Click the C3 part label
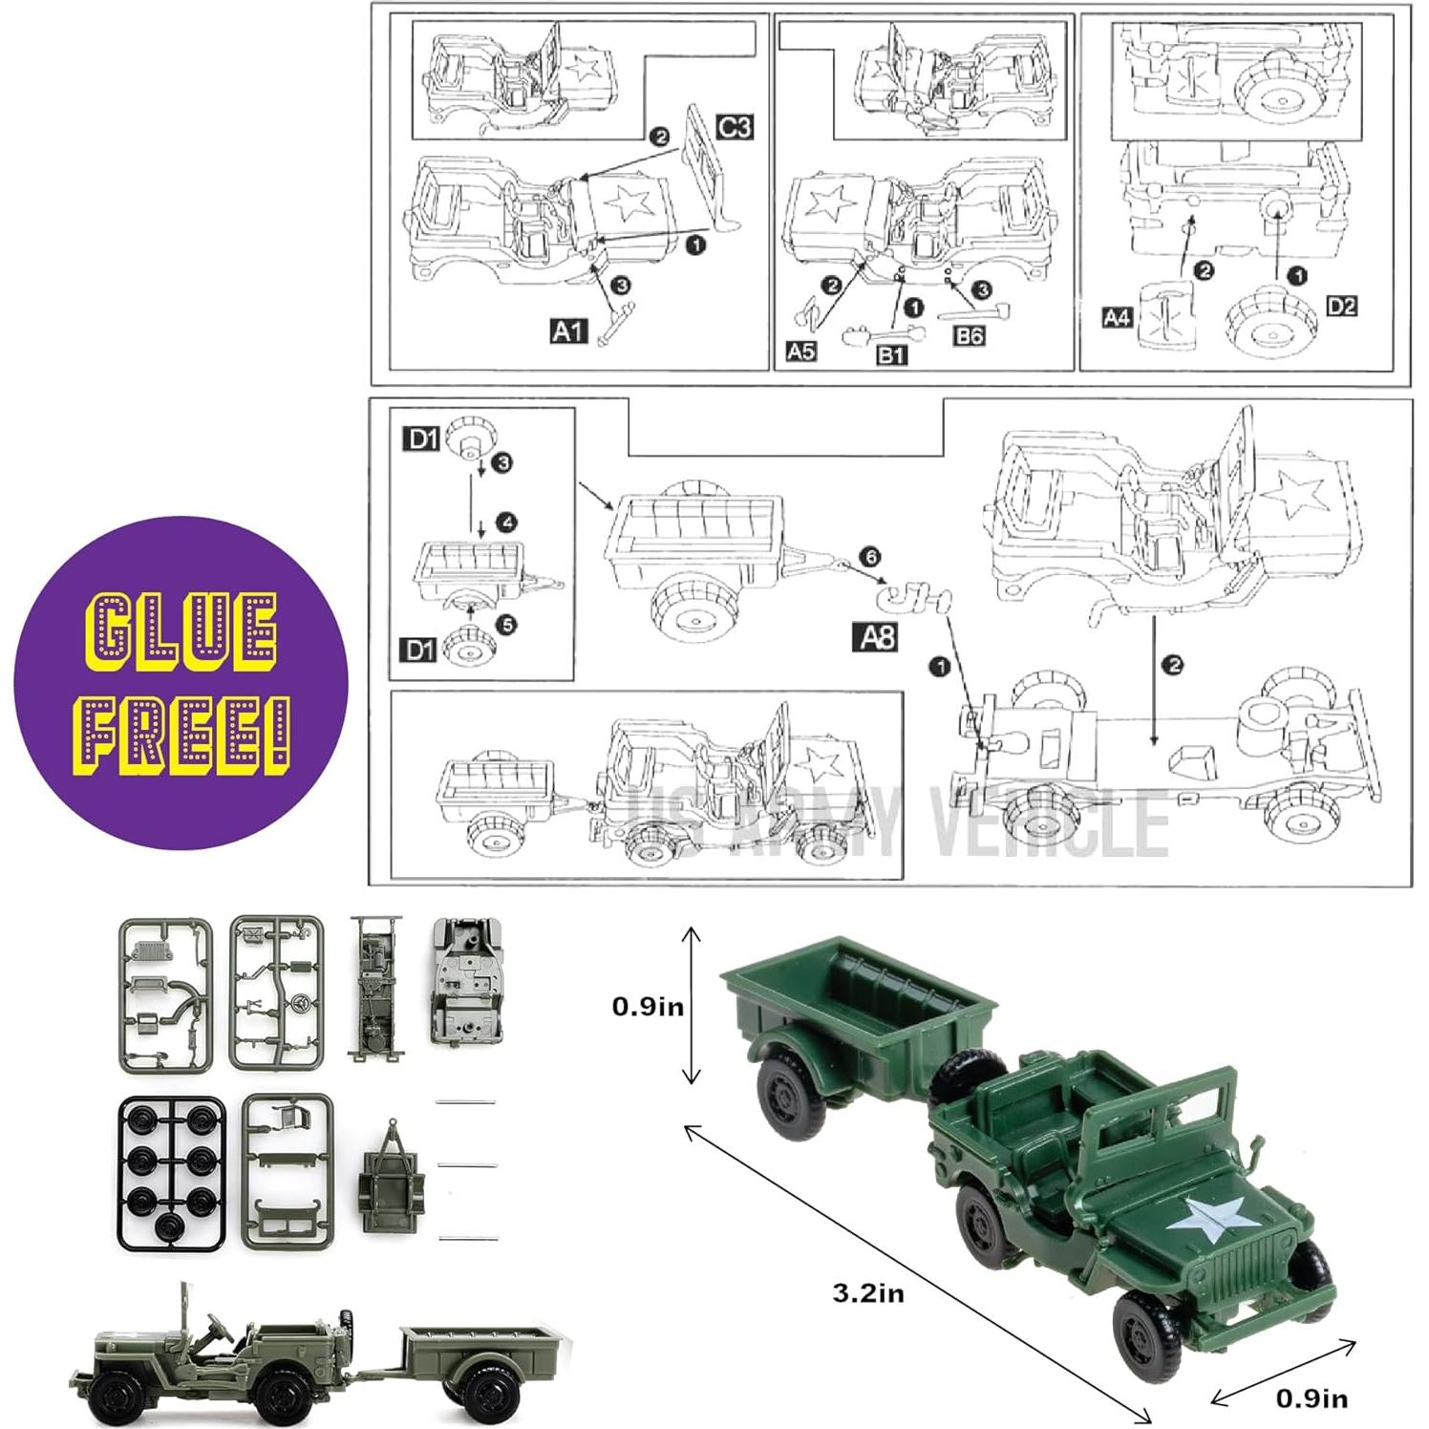(734, 126)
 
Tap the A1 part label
(568, 331)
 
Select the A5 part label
(800, 351)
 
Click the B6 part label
(968, 335)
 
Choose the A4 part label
(1117, 316)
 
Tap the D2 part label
(1341, 306)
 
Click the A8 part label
(875, 636)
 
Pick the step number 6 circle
(869, 557)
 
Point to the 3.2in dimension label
(867, 1293)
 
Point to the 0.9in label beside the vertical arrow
(648, 1007)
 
